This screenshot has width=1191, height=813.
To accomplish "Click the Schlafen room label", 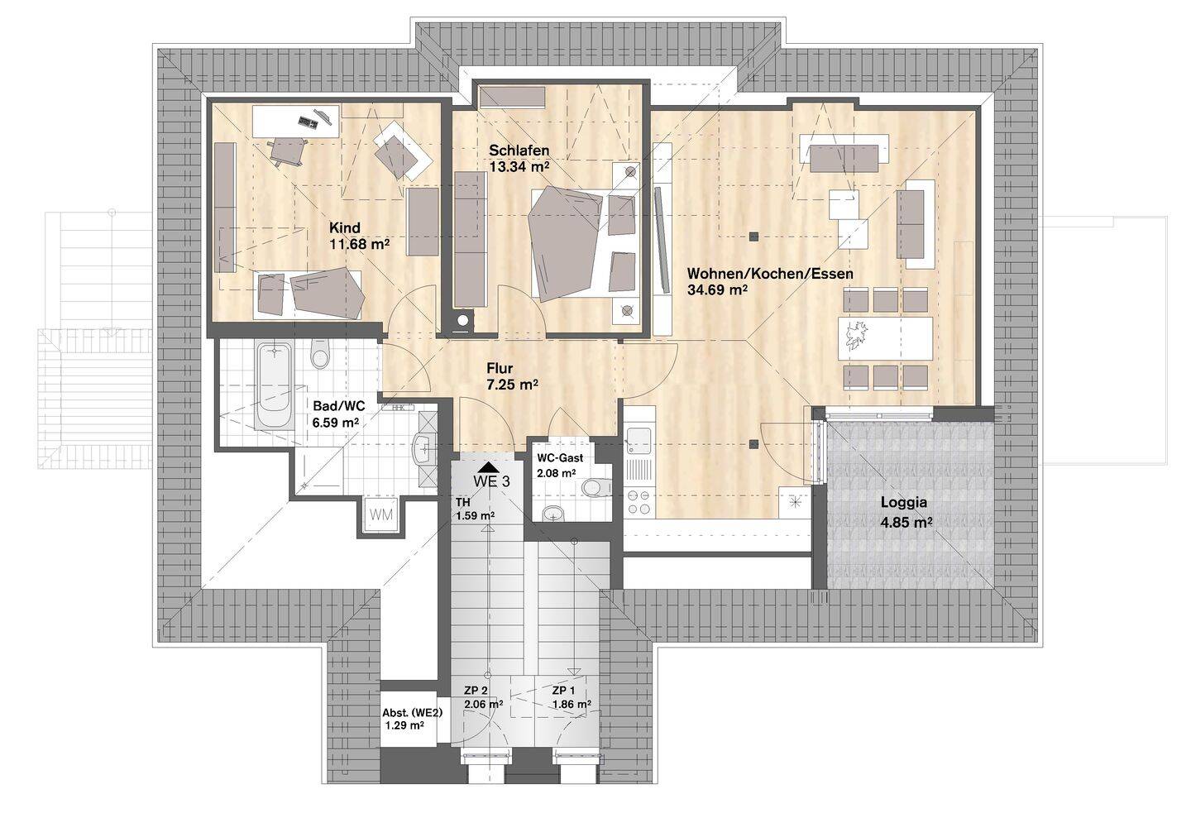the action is pyautogui.click(x=519, y=151).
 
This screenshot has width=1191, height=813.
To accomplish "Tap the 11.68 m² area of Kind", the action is pyautogui.click(x=360, y=245).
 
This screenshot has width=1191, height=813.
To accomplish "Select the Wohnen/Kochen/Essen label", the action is pyautogui.click(x=771, y=274).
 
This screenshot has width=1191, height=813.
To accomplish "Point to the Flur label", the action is pyautogui.click(x=500, y=368).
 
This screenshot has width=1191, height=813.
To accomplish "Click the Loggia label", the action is pyautogui.click(x=904, y=502).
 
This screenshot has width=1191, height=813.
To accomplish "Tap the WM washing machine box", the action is pyautogui.click(x=381, y=514).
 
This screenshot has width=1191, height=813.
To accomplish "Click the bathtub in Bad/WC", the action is pyautogui.click(x=275, y=385).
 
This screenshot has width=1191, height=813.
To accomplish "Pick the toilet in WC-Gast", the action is pyautogui.click(x=596, y=487).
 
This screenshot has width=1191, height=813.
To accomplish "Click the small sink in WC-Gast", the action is pyautogui.click(x=553, y=513).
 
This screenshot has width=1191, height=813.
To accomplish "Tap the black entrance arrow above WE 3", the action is pyautogui.click(x=488, y=467).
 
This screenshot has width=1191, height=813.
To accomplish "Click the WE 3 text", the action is pyautogui.click(x=491, y=481).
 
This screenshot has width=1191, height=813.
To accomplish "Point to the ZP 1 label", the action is pyautogui.click(x=563, y=691).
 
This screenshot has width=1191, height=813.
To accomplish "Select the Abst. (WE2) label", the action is pyautogui.click(x=412, y=713).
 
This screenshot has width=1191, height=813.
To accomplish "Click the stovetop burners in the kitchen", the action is pyautogui.click(x=639, y=502).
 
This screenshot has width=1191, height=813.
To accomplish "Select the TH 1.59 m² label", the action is pyautogui.click(x=475, y=509).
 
